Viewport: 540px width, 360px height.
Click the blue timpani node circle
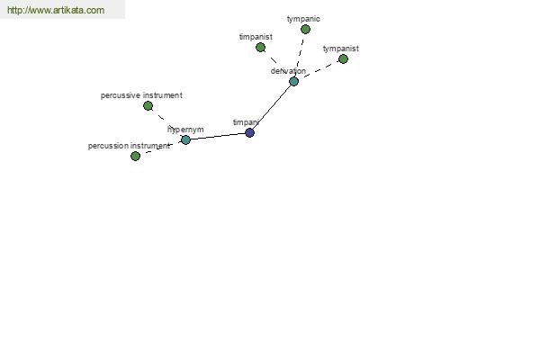pos(249,133)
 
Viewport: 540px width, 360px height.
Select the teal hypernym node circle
pos(185,139)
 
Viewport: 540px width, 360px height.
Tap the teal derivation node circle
pos(293,82)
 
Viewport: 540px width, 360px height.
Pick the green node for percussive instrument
pos(148,106)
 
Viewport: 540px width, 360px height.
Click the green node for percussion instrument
pos(135,157)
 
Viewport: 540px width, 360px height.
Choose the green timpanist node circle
pos(260,48)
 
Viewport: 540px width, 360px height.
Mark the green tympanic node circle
pos(305,30)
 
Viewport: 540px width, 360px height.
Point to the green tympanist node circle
pos(343,59)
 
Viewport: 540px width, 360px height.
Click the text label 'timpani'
pos(245,122)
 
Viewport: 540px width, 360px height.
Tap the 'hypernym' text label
pos(185,130)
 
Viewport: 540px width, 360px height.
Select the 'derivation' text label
pos(288,71)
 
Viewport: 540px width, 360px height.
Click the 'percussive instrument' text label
pos(141,95)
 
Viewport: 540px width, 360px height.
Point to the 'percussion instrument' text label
pos(128,146)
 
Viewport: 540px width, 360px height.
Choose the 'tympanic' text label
pos(303,19)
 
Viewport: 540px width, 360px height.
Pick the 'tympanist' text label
pos(340,49)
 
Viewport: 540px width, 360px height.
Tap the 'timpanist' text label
pos(256,37)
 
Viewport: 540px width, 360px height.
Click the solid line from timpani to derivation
pos(272,107)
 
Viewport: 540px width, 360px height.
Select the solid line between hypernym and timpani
pos(217,137)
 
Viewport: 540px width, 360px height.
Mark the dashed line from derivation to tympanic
pos(300,54)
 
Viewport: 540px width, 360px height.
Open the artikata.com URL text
pos(55,11)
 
